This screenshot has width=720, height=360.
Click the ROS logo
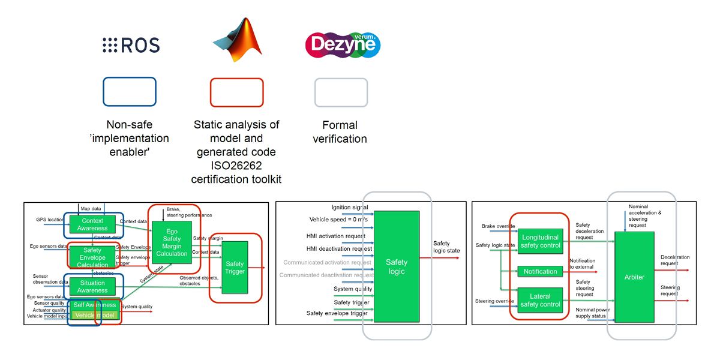131,45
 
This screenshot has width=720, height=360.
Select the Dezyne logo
342,44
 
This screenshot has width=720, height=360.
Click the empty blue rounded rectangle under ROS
130,92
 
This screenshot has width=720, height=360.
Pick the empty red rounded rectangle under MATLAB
236,92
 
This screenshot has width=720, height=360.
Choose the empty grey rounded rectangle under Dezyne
341,92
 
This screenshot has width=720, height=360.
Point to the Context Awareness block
92,224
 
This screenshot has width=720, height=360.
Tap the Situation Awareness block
92,287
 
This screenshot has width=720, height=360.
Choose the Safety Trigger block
235,268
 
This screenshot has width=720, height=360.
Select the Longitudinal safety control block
540,241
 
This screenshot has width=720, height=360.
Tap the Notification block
540,271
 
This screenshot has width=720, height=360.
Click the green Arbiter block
634,277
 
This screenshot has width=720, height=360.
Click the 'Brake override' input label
498,226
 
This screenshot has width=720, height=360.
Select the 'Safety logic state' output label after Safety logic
447,247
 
